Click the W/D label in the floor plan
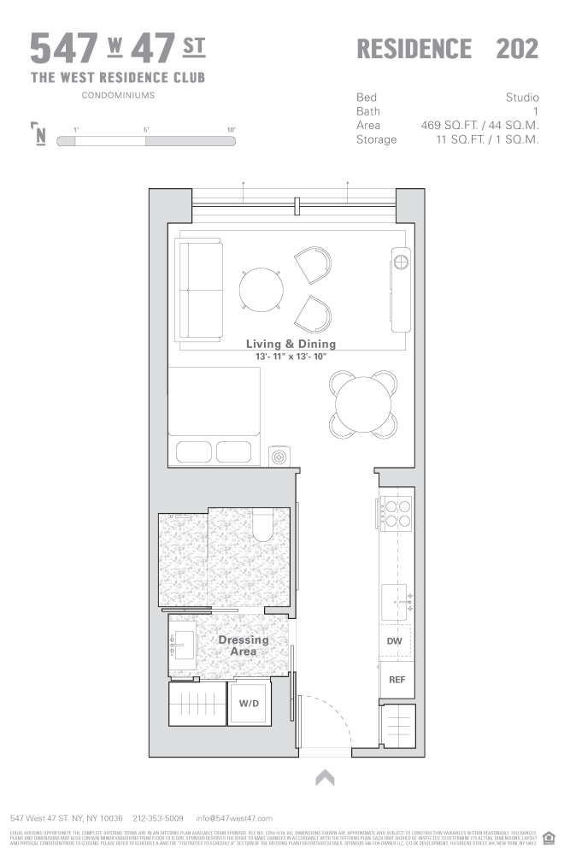click(249, 705)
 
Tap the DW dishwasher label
click(395, 640)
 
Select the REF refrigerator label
click(397, 680)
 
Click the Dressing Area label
click(243, 646)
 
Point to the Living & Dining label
click(291, 344)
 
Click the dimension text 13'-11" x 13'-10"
click(291, 356)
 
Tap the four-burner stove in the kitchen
click(396, 512)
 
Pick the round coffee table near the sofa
click(259, 289)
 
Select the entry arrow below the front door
click(325, 777)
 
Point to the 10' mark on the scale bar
click(231, 129)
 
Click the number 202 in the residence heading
click(517, 49)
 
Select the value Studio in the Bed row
click(521, 97)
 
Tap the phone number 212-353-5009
click(158, 818)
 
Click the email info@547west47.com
click(234, 818)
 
